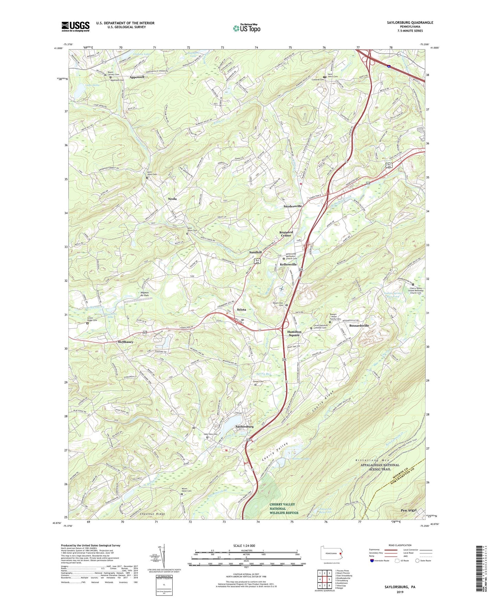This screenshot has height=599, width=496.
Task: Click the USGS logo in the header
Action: coord(76,26)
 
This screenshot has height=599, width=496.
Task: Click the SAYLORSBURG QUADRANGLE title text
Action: coord(405,23)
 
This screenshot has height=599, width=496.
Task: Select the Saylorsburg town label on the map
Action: coord(244,426)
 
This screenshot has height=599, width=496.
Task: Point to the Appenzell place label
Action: coord(137,78)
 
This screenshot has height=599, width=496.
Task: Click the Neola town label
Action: coord(172,199)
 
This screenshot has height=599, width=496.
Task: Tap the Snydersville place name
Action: coord(292,206)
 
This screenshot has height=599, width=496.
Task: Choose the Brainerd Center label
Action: coord(286,234)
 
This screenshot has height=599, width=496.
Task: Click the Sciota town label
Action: coord(241,309)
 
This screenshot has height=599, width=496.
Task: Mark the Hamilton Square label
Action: coord(294,333)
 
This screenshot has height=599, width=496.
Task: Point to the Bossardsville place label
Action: coord(359,326)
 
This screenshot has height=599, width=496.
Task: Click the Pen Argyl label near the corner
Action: coord(408,510)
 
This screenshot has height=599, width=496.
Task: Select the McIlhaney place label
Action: coord(125,342)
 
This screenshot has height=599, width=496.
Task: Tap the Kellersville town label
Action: coord(288,265)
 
